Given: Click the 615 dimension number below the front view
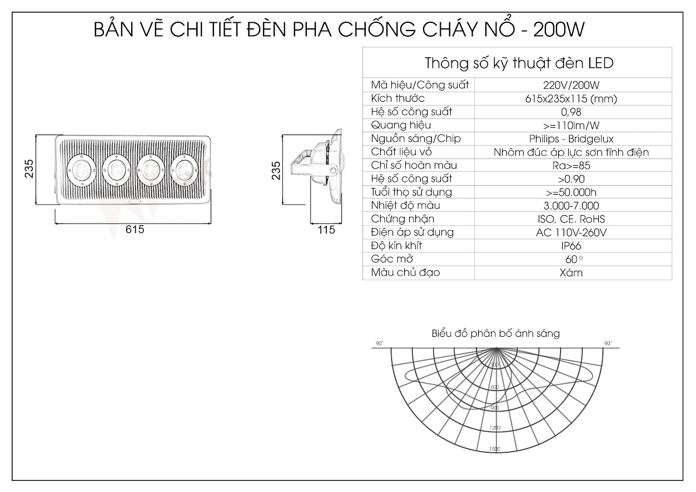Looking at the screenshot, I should point(135,230).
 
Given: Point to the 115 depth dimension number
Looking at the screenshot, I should point(326,230).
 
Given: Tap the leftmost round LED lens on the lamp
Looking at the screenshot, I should point(81,168).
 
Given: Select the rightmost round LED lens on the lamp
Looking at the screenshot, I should point(184,168).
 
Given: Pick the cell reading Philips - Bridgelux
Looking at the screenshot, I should point(571,138).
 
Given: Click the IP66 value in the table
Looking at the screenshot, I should point(571,246).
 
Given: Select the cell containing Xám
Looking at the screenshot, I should point(571,272).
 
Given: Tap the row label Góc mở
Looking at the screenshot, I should point(392,259).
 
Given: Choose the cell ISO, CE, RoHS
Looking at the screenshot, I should point(571,219).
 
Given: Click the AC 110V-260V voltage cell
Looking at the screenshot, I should point(571,232).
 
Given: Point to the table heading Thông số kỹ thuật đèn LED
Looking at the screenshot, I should point(519,63).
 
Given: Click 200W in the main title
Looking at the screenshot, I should point(559,30).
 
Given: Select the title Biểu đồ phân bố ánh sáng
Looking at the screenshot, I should point(495,334).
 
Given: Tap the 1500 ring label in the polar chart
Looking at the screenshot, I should point(494,449).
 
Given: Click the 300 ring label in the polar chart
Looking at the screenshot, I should point(495,364).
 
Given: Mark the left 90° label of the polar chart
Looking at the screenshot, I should point(379,344).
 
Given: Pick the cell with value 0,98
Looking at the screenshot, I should point(571,112).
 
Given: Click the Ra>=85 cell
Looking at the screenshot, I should point(571,165).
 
